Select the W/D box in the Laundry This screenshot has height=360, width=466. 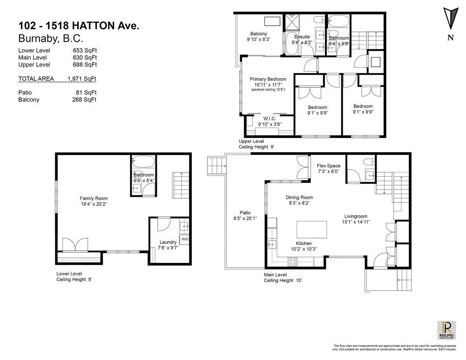[184, 239]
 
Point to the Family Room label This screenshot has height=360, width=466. [94, 198]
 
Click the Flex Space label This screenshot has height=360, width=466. [328, 166]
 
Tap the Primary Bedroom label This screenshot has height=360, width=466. [268, 79]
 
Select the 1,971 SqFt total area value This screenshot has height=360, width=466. [81, 79]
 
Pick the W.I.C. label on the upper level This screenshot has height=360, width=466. [270, 118]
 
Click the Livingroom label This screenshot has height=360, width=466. [355, 216]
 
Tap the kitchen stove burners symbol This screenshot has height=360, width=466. [292, 263]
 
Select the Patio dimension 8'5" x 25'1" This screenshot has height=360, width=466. [245, 218]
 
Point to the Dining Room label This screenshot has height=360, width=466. [299, 197]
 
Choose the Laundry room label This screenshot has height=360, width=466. [168, 242]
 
